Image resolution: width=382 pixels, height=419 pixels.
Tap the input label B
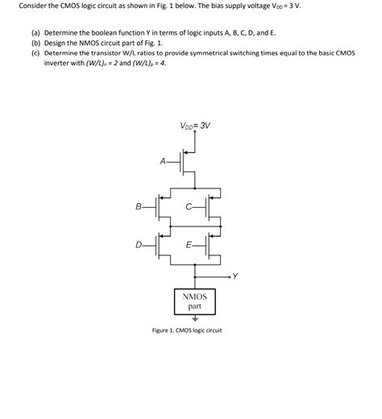[x=139, y=208]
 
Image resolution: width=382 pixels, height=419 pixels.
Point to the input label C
[x=188, y=208]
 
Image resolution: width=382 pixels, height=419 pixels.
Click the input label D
[x=139, y=244]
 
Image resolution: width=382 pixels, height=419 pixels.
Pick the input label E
[x=188, y=244]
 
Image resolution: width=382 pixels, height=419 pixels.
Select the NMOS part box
[x=194, y=301]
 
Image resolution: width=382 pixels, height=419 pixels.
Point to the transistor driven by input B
[x=162, y=208]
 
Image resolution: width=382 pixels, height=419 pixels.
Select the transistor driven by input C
[x=212, y=208]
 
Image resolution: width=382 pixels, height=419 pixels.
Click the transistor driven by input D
[x=162, y=244]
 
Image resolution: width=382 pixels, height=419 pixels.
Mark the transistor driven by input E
[x=212, y=244]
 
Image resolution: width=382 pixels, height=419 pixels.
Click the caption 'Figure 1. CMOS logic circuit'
[x=186, y=330]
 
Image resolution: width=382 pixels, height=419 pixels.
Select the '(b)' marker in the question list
[x=35, y=41]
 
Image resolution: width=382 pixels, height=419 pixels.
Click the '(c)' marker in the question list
[x=35, y=51]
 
